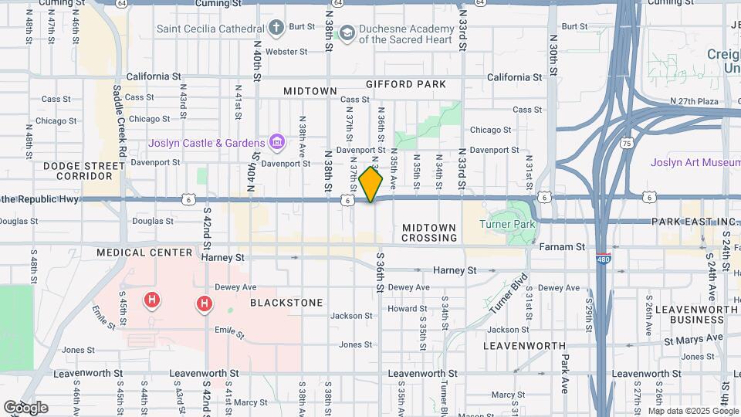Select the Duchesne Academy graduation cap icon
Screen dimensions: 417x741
click(347, 32)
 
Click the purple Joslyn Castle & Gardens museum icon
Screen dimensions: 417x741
click(276, 142)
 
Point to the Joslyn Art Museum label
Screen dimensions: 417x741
click(695, 162)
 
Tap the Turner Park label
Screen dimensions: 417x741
click(507, 224)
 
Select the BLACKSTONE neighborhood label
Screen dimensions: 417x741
click(286, 303)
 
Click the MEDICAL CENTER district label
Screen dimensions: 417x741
click(144, 253)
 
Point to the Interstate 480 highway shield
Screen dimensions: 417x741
click(604, 260)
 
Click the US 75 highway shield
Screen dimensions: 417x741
click(628, 144)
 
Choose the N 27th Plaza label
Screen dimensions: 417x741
click(694, 101)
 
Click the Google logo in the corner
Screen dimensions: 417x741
click(25, 408)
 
